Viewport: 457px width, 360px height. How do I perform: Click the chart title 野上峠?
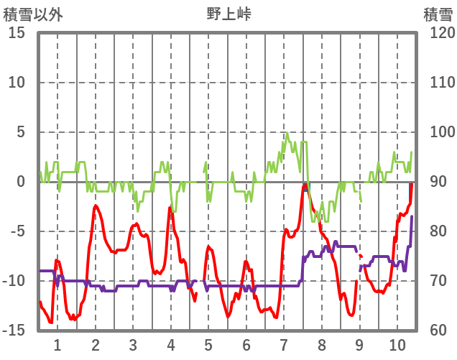tap(228, 13)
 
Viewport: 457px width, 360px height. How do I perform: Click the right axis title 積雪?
tap(437, 14)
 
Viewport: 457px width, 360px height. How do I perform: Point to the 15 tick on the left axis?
tap(17, 33)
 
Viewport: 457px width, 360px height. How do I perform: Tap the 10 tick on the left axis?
tap(17, 83)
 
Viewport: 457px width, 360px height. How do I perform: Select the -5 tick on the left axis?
tap(17, 231)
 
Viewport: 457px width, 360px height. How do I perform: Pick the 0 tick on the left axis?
tap(22, 182)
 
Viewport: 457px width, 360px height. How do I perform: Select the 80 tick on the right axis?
tap(435, 231)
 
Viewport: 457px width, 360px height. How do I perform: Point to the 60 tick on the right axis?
tap(435, 331)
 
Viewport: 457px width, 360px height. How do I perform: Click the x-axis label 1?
tap(57, 343)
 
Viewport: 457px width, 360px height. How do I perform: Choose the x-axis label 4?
tap(171, 343)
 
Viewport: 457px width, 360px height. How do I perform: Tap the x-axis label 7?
tap(284, 343)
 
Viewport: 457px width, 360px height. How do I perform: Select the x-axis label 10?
tap(397, 343)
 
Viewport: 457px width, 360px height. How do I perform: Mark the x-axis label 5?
tap(208, 343)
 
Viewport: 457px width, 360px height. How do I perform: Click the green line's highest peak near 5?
tap(287, 133)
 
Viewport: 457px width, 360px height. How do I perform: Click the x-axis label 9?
tap(359, 343)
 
